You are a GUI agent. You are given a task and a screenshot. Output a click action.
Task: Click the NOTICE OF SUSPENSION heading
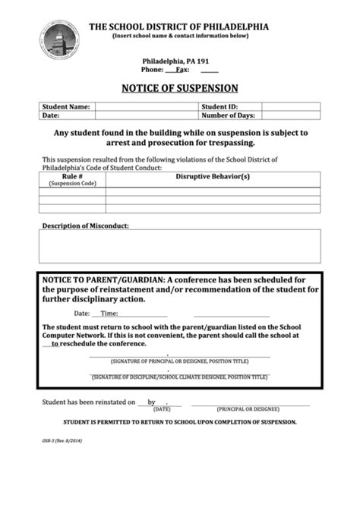coord(179,88)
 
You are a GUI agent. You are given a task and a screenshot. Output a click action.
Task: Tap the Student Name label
coord(66,107)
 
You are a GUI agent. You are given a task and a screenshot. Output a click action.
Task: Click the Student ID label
coord(219,107)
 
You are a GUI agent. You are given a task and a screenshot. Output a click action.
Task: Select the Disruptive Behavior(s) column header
coord(213,177)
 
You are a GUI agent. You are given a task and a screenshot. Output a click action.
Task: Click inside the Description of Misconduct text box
coord(179,246)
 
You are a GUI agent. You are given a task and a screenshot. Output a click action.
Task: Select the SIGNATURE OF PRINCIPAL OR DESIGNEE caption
coord(179,361)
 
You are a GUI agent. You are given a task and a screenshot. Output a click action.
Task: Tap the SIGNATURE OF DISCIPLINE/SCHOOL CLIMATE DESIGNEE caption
coord(179,377)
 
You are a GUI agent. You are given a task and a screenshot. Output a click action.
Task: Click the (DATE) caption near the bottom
coord(162,408)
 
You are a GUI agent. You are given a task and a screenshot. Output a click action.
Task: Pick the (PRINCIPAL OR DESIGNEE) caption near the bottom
coord(251,408)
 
